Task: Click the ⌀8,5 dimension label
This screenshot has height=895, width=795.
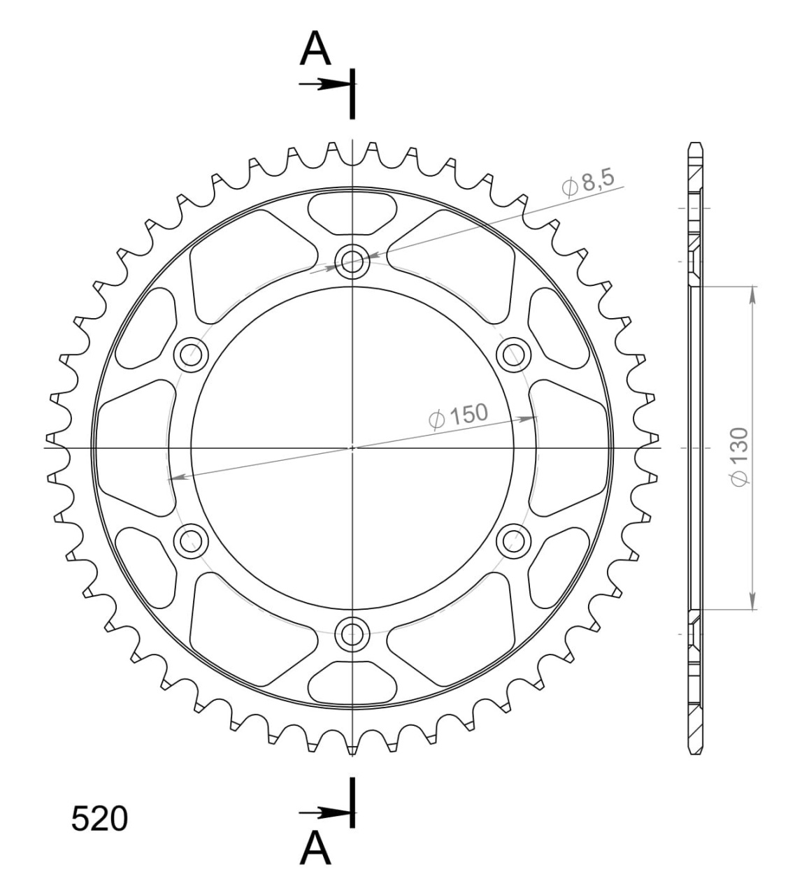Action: (x=588, y=182)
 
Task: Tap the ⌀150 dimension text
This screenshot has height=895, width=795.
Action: (x=458, y=416)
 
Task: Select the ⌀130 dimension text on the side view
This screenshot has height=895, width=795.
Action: (x=740, y=457)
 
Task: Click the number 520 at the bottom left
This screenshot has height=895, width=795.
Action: (x=99, y=819)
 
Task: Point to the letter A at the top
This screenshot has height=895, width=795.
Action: (x=315, y=48)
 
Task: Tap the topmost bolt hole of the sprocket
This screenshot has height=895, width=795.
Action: (x=352, y=262)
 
